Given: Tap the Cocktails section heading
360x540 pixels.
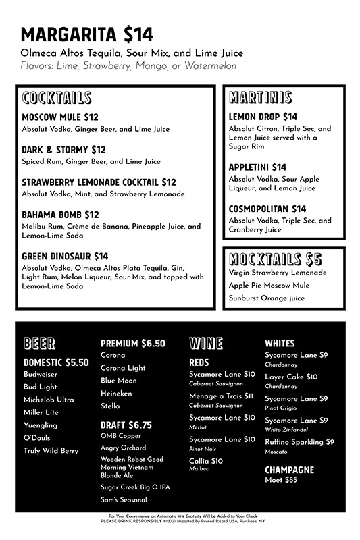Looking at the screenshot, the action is tap(56, 99).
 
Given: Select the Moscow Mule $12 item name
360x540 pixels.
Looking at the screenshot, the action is tap(60, 117).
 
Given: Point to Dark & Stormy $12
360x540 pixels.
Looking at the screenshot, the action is tap(63, 149).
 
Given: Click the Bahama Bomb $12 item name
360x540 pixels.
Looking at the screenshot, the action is tap(60, 215).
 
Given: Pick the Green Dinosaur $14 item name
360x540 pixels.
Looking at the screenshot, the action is tap(65, 256).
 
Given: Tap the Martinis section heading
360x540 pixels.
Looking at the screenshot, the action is tap(260, 98).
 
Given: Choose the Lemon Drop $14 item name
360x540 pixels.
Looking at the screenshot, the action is tap(263, 117).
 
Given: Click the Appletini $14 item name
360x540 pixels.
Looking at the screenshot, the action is tap(257, 167).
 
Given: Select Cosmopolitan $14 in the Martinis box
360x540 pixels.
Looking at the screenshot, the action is tap(267, 209).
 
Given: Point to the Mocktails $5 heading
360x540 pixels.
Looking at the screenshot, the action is tap(275, 259).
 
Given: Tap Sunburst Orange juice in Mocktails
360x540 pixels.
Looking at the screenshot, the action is tap(266, 298).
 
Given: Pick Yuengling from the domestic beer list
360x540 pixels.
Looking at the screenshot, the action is tap(41, 425).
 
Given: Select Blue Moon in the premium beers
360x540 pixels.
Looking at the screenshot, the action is tap(118, 381).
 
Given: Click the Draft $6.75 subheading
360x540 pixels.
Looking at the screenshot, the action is tap(126, 425).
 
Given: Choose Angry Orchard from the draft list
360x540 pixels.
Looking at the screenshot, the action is tap(123, 448).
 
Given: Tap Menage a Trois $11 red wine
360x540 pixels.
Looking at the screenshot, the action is tap(221, 396).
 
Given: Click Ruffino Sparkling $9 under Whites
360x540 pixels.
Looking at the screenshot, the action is tap(299, 442).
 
